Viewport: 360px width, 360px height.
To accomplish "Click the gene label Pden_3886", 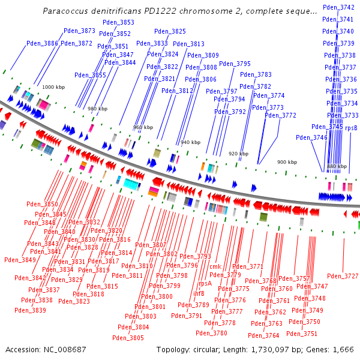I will coord(43,43).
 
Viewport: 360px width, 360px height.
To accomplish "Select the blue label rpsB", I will coord(352,128).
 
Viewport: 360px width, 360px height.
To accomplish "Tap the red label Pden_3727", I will coord(343,276).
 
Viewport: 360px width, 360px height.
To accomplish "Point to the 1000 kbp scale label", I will coord(53,87).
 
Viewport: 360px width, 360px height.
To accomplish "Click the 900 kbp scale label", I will coord(286,162).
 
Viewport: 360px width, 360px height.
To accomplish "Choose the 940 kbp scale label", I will coord(190,142).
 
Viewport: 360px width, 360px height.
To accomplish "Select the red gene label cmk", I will coord(215,266).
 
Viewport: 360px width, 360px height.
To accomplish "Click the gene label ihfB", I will coord(199,293).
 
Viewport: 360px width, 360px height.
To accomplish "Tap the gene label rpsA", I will coord(205,283).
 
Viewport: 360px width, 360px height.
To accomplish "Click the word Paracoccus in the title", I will coord(65,11).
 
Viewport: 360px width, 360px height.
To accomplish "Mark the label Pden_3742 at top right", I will coord(338,7).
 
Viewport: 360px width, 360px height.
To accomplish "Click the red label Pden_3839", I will coord(30,310).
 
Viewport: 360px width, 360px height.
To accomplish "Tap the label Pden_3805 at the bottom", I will coord(128,338).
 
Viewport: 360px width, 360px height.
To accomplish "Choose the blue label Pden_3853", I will coord(118,22).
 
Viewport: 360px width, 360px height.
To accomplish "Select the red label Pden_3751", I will coord(302,334).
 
